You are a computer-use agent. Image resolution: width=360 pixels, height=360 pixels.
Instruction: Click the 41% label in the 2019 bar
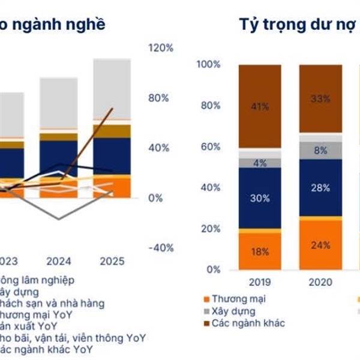[x=260, y=107]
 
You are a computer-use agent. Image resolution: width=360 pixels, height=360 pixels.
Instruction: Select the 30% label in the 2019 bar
[x=260, y=199]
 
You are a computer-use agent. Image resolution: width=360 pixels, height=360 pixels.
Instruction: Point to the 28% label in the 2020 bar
[x=320, y=188]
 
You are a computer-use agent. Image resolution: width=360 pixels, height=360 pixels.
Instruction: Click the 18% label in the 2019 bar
[x=260, y=252]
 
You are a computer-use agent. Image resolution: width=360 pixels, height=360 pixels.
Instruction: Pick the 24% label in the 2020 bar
[x=320, y=245]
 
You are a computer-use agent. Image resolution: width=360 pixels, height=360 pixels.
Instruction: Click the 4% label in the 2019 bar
[x=260, y=163]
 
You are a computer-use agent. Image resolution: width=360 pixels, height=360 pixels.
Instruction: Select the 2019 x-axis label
[x=260, y=283]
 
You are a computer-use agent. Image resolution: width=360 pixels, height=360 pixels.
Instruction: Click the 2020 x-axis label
[x=320, y=283]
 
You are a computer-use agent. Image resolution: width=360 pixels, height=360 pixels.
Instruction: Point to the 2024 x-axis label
[x=59, y=261]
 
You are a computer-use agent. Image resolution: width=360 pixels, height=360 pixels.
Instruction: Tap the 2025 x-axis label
[x=112, y=261]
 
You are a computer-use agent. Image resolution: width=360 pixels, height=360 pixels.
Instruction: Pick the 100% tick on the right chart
[x=209, y=64]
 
